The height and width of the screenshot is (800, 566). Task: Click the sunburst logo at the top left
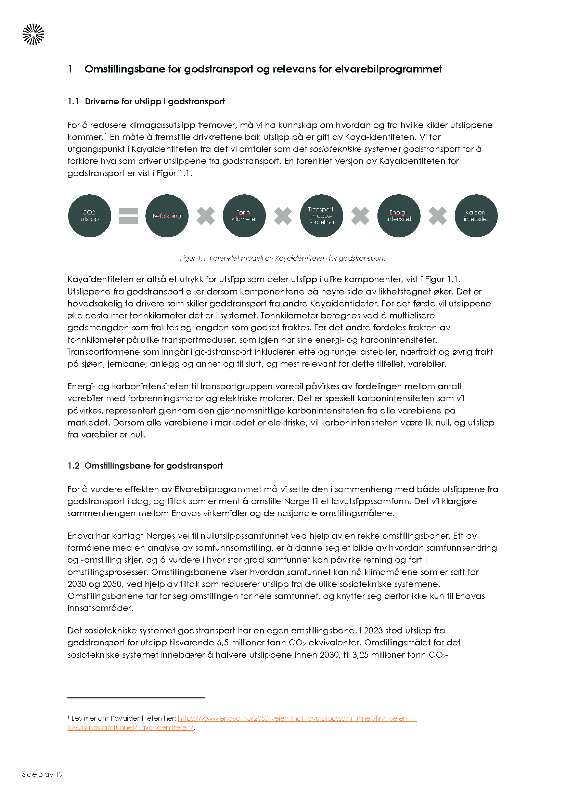tap(34, 34)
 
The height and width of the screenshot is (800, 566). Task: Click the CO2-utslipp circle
tap(90, 216)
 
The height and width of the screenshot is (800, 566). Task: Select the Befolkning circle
tap(167, 216)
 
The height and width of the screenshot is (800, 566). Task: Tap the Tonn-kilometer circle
tap(244, 216)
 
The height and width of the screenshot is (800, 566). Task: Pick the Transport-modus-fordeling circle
tap(321, 216)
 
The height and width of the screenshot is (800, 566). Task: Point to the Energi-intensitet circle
tap(399, 216)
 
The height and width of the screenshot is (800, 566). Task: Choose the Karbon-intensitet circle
tap(476, 216)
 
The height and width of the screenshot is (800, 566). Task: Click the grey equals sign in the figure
tap(128, 216)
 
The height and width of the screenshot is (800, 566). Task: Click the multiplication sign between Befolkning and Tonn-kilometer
tap(206, 216)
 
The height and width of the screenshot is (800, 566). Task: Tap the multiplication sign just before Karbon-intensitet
tap(437, 216)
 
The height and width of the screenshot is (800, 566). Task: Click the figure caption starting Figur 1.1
tap(282, 258)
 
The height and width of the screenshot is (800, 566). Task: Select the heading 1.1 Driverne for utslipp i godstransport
tap(146, 101)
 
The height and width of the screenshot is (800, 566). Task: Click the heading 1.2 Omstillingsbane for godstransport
tap(145, 465)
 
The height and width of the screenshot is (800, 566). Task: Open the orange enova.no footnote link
tap(297, 718)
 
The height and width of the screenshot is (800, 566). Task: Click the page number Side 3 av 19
tap(42, 774)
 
